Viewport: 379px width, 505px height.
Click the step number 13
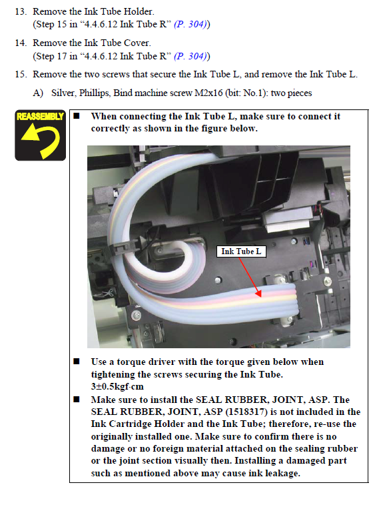click(x=21, y=11)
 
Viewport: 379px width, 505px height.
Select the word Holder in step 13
click(x=139, y=11)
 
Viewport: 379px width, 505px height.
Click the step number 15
click(x=21, y=75)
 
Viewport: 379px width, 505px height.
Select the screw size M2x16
click(x=208, y=93)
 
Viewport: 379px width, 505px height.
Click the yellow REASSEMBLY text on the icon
click(x=40, y=116)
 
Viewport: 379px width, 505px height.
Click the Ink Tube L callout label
click(x=241, y=251)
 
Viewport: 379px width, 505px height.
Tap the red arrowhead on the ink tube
click(x=258, y=293)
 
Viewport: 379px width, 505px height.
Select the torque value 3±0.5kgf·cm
click(x=117, y=386)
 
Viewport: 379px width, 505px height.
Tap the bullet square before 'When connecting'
click(x=77, y=116)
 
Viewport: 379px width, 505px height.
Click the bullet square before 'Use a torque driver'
click(x=77, y=362)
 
